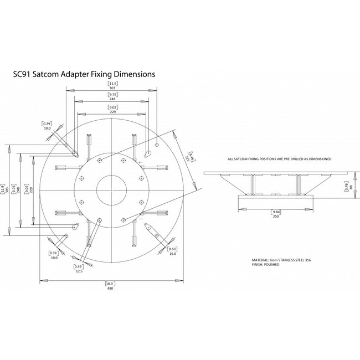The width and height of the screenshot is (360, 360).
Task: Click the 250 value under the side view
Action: pos(275,217)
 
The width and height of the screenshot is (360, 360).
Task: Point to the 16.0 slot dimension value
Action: pos(172,254)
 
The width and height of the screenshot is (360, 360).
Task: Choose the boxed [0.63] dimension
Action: pos(172,248)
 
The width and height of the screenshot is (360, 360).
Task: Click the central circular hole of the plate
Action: pos(112,190)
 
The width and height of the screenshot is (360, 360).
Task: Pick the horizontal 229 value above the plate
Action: pos(112,112)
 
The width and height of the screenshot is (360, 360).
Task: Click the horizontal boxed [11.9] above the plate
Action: pos(112,84)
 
